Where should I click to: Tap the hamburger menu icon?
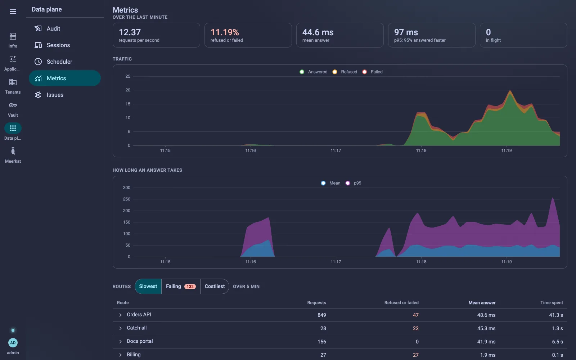13,12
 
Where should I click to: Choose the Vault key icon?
13,105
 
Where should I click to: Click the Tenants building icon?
13,82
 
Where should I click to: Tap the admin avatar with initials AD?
13,343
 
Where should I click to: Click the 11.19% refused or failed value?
225,32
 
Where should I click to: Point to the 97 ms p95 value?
406,32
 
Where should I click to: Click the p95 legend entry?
354,183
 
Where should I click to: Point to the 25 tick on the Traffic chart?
128,76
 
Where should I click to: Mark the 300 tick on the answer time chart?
126,188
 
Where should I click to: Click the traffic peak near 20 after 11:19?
510,90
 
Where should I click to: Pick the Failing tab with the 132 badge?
181,287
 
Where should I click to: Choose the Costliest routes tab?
215,287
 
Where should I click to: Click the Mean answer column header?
482,303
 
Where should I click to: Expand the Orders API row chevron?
120,315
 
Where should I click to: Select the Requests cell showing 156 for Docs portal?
322,342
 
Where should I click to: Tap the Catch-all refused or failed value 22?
415,328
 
